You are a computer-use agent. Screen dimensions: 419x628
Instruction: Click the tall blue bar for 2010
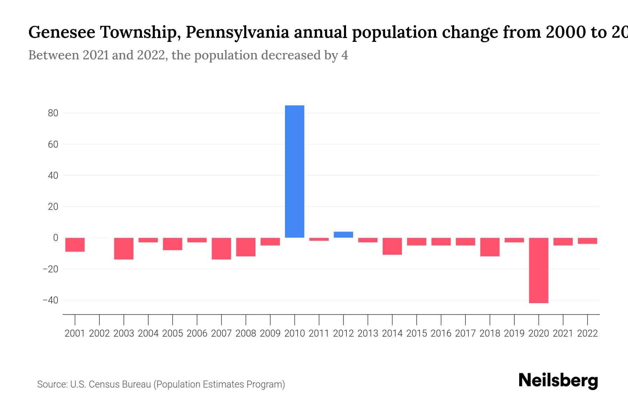coord(294,171)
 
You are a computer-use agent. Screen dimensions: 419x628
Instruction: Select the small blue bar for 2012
coord(343,235)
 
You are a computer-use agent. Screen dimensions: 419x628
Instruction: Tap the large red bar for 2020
coord(538,270)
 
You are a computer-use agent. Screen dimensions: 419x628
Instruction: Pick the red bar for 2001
coord(75,245)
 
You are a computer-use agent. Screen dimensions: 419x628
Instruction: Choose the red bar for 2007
coord(221,249)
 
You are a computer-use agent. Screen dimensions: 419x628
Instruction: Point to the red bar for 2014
coord(392,246)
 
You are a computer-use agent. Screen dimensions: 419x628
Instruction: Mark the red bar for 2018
coord(490,247)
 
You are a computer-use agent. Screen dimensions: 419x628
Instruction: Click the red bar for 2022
coord(587,241)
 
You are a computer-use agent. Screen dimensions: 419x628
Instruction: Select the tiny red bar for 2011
coord(319,240)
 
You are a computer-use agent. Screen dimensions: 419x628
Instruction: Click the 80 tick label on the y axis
coord(53,113)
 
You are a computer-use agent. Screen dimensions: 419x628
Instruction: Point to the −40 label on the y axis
coord(50,300)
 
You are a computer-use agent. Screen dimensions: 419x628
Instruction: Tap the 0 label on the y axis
coord(55,238)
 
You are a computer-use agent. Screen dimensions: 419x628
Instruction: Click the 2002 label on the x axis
coord(99,333)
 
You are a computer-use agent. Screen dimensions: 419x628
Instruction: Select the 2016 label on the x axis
coord(441,333)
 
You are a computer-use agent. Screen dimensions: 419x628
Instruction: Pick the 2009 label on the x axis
coord(270,333)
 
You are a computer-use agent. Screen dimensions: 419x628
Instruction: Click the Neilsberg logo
coord(558,381)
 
